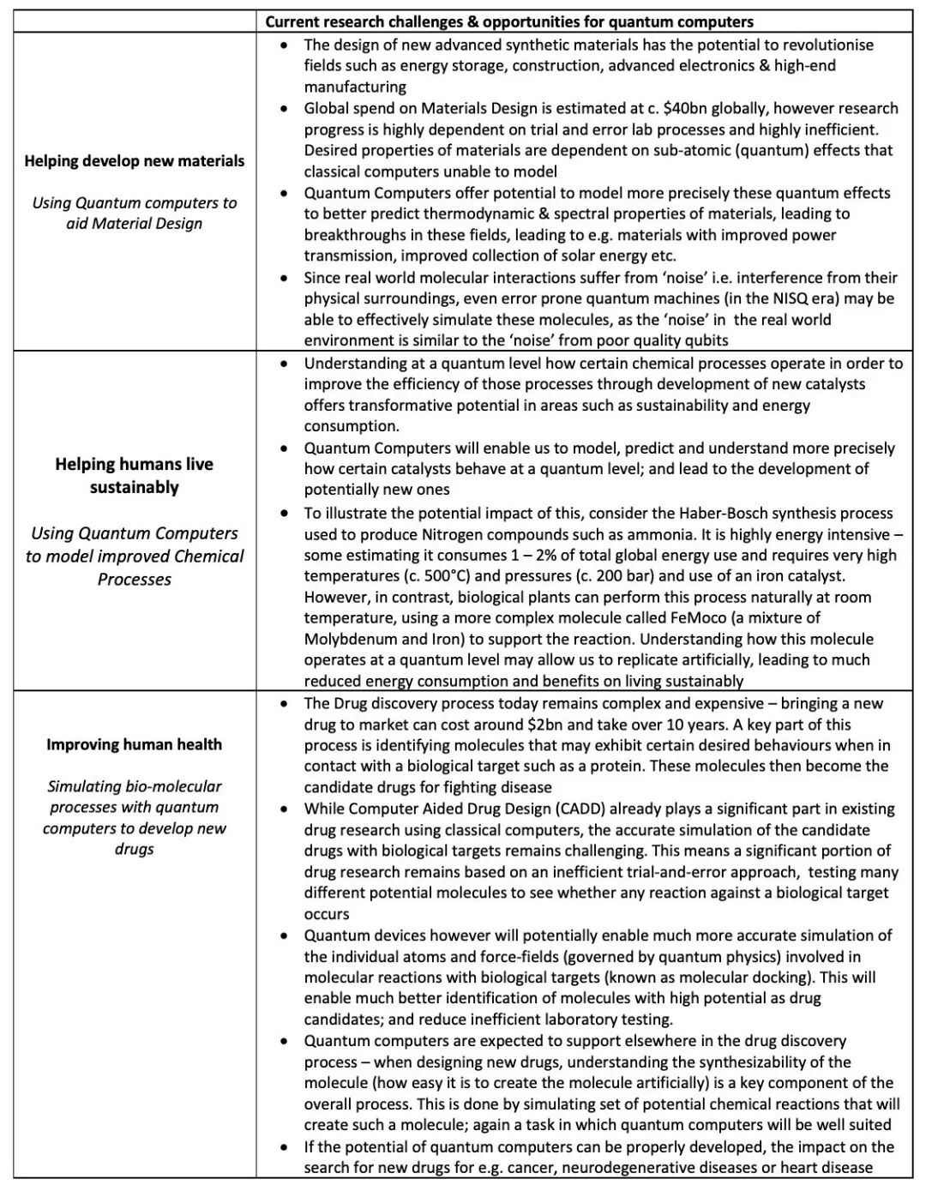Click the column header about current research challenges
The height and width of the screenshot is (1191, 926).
click(x=509, y=21)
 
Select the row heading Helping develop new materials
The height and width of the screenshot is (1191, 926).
click(x=135, y=161)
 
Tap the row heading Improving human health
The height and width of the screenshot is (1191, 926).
click(x=135, y=744)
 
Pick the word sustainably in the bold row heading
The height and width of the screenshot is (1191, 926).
click(x=135, y=488)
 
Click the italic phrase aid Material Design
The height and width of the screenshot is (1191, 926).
click(x=135, y=224)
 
